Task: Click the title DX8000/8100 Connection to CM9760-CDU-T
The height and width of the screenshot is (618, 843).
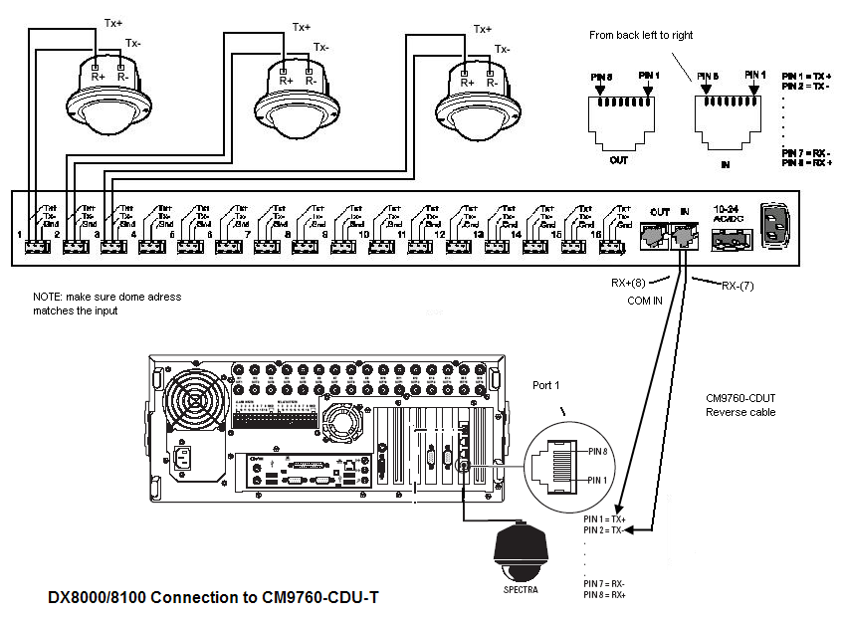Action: pos(214,599)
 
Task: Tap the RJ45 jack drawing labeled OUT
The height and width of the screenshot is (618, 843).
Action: pos(619,115)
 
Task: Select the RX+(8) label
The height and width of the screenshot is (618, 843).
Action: pos(633,283)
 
